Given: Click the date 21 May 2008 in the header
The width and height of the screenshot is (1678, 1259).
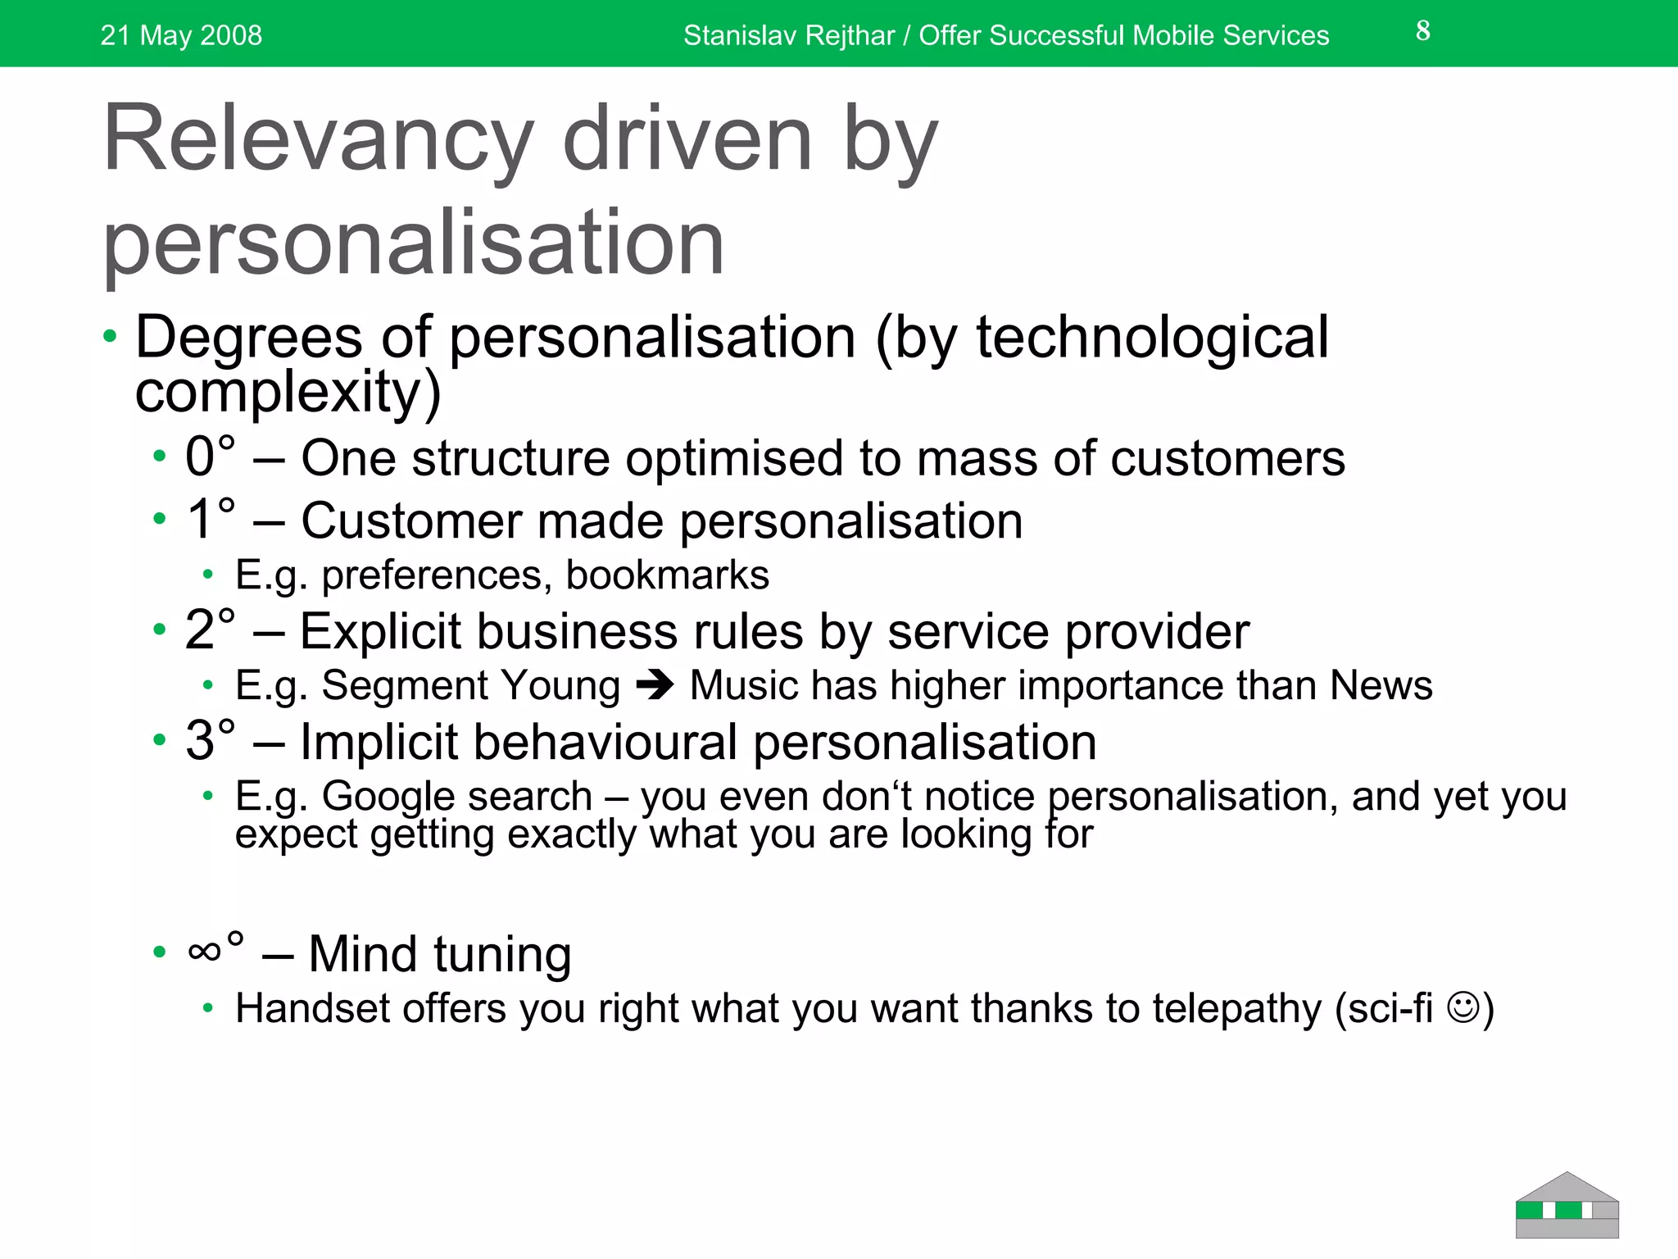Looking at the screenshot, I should (181, 35).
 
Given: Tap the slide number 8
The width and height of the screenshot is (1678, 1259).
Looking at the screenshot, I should (1423, 31).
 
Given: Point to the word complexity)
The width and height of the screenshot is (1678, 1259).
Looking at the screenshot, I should (288, 392).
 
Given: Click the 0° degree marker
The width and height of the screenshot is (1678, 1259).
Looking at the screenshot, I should (211, 456).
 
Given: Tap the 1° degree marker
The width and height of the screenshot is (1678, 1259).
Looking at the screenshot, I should (211, 519).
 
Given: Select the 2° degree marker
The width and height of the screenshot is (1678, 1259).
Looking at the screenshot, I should (211, 629).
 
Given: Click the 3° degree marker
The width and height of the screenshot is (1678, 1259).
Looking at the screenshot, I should (211, 740).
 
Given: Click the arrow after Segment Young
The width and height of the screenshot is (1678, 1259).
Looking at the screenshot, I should (655, 685).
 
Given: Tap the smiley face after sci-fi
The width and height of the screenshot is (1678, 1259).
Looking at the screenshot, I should (1463, 1007).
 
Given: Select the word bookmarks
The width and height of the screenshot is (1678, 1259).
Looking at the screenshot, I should (667, 575).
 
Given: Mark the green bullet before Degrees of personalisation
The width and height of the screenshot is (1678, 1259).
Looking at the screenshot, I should (110, 336).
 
